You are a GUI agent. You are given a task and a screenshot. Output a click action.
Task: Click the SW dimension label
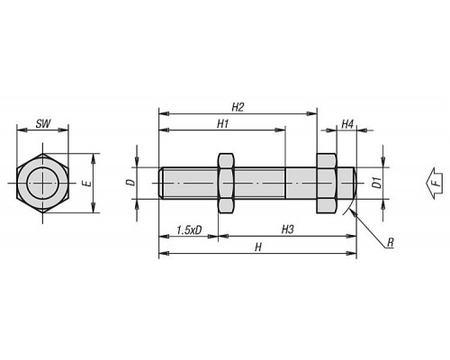[43, 123]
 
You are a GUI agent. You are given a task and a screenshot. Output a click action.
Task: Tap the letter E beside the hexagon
[87, 184]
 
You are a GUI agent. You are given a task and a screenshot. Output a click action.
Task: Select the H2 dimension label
[238, 107]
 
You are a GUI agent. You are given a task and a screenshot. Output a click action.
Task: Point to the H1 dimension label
[223, 123]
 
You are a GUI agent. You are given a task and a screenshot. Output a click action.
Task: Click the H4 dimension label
[347, 123]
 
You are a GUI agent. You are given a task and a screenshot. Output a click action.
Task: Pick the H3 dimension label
[287, 229]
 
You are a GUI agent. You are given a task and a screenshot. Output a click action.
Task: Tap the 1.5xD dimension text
[189, 230]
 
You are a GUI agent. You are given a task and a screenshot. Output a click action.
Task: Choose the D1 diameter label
[377, 183]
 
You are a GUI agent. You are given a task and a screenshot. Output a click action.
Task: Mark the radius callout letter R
[390, 242]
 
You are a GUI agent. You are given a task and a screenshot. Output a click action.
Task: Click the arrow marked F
[434, 183]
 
